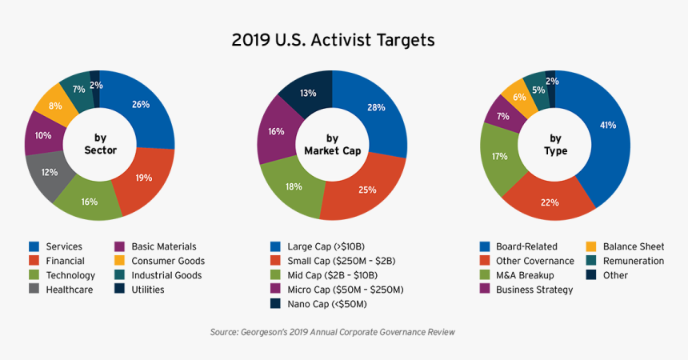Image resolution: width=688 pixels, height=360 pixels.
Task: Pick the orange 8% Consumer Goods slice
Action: click(x=54, y=107)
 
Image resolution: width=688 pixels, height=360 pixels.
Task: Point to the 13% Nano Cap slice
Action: click(x=308, y=93)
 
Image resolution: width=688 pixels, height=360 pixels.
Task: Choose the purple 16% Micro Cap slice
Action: click(x=277, y=131)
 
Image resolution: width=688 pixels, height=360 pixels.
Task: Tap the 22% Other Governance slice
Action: click(x=550, y=202)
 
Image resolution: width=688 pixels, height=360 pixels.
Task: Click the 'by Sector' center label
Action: click(x=100, y=145)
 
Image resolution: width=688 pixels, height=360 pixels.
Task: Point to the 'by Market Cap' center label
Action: click(x=332, y=145)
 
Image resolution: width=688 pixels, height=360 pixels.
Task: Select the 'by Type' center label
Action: click(x=555, y=145)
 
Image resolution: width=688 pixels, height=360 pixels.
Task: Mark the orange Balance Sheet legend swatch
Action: click(x=591, y=246)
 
